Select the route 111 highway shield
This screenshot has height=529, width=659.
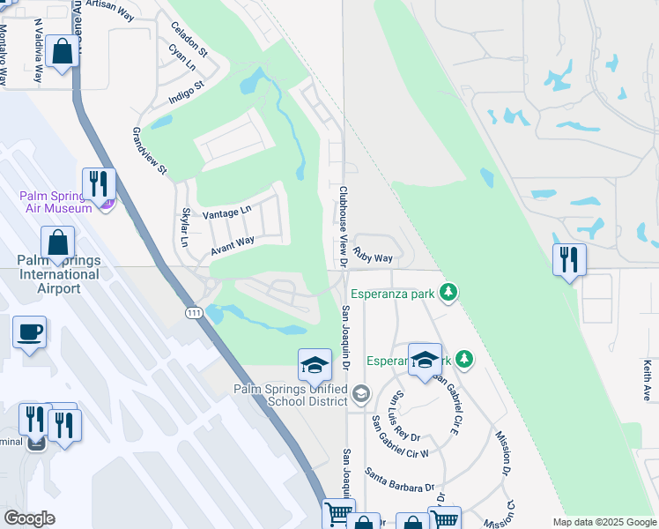coord(194,313)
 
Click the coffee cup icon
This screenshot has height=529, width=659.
coord(29,332)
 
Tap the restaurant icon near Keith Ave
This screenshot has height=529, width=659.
coord(568,260)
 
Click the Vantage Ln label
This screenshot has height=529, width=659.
coord(226,212)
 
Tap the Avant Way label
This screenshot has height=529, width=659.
coord(233,246)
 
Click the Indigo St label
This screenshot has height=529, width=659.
coord(186,93)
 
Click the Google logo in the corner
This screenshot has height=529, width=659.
coord(29,518)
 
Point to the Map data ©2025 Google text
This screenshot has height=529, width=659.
coord(604,522)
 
